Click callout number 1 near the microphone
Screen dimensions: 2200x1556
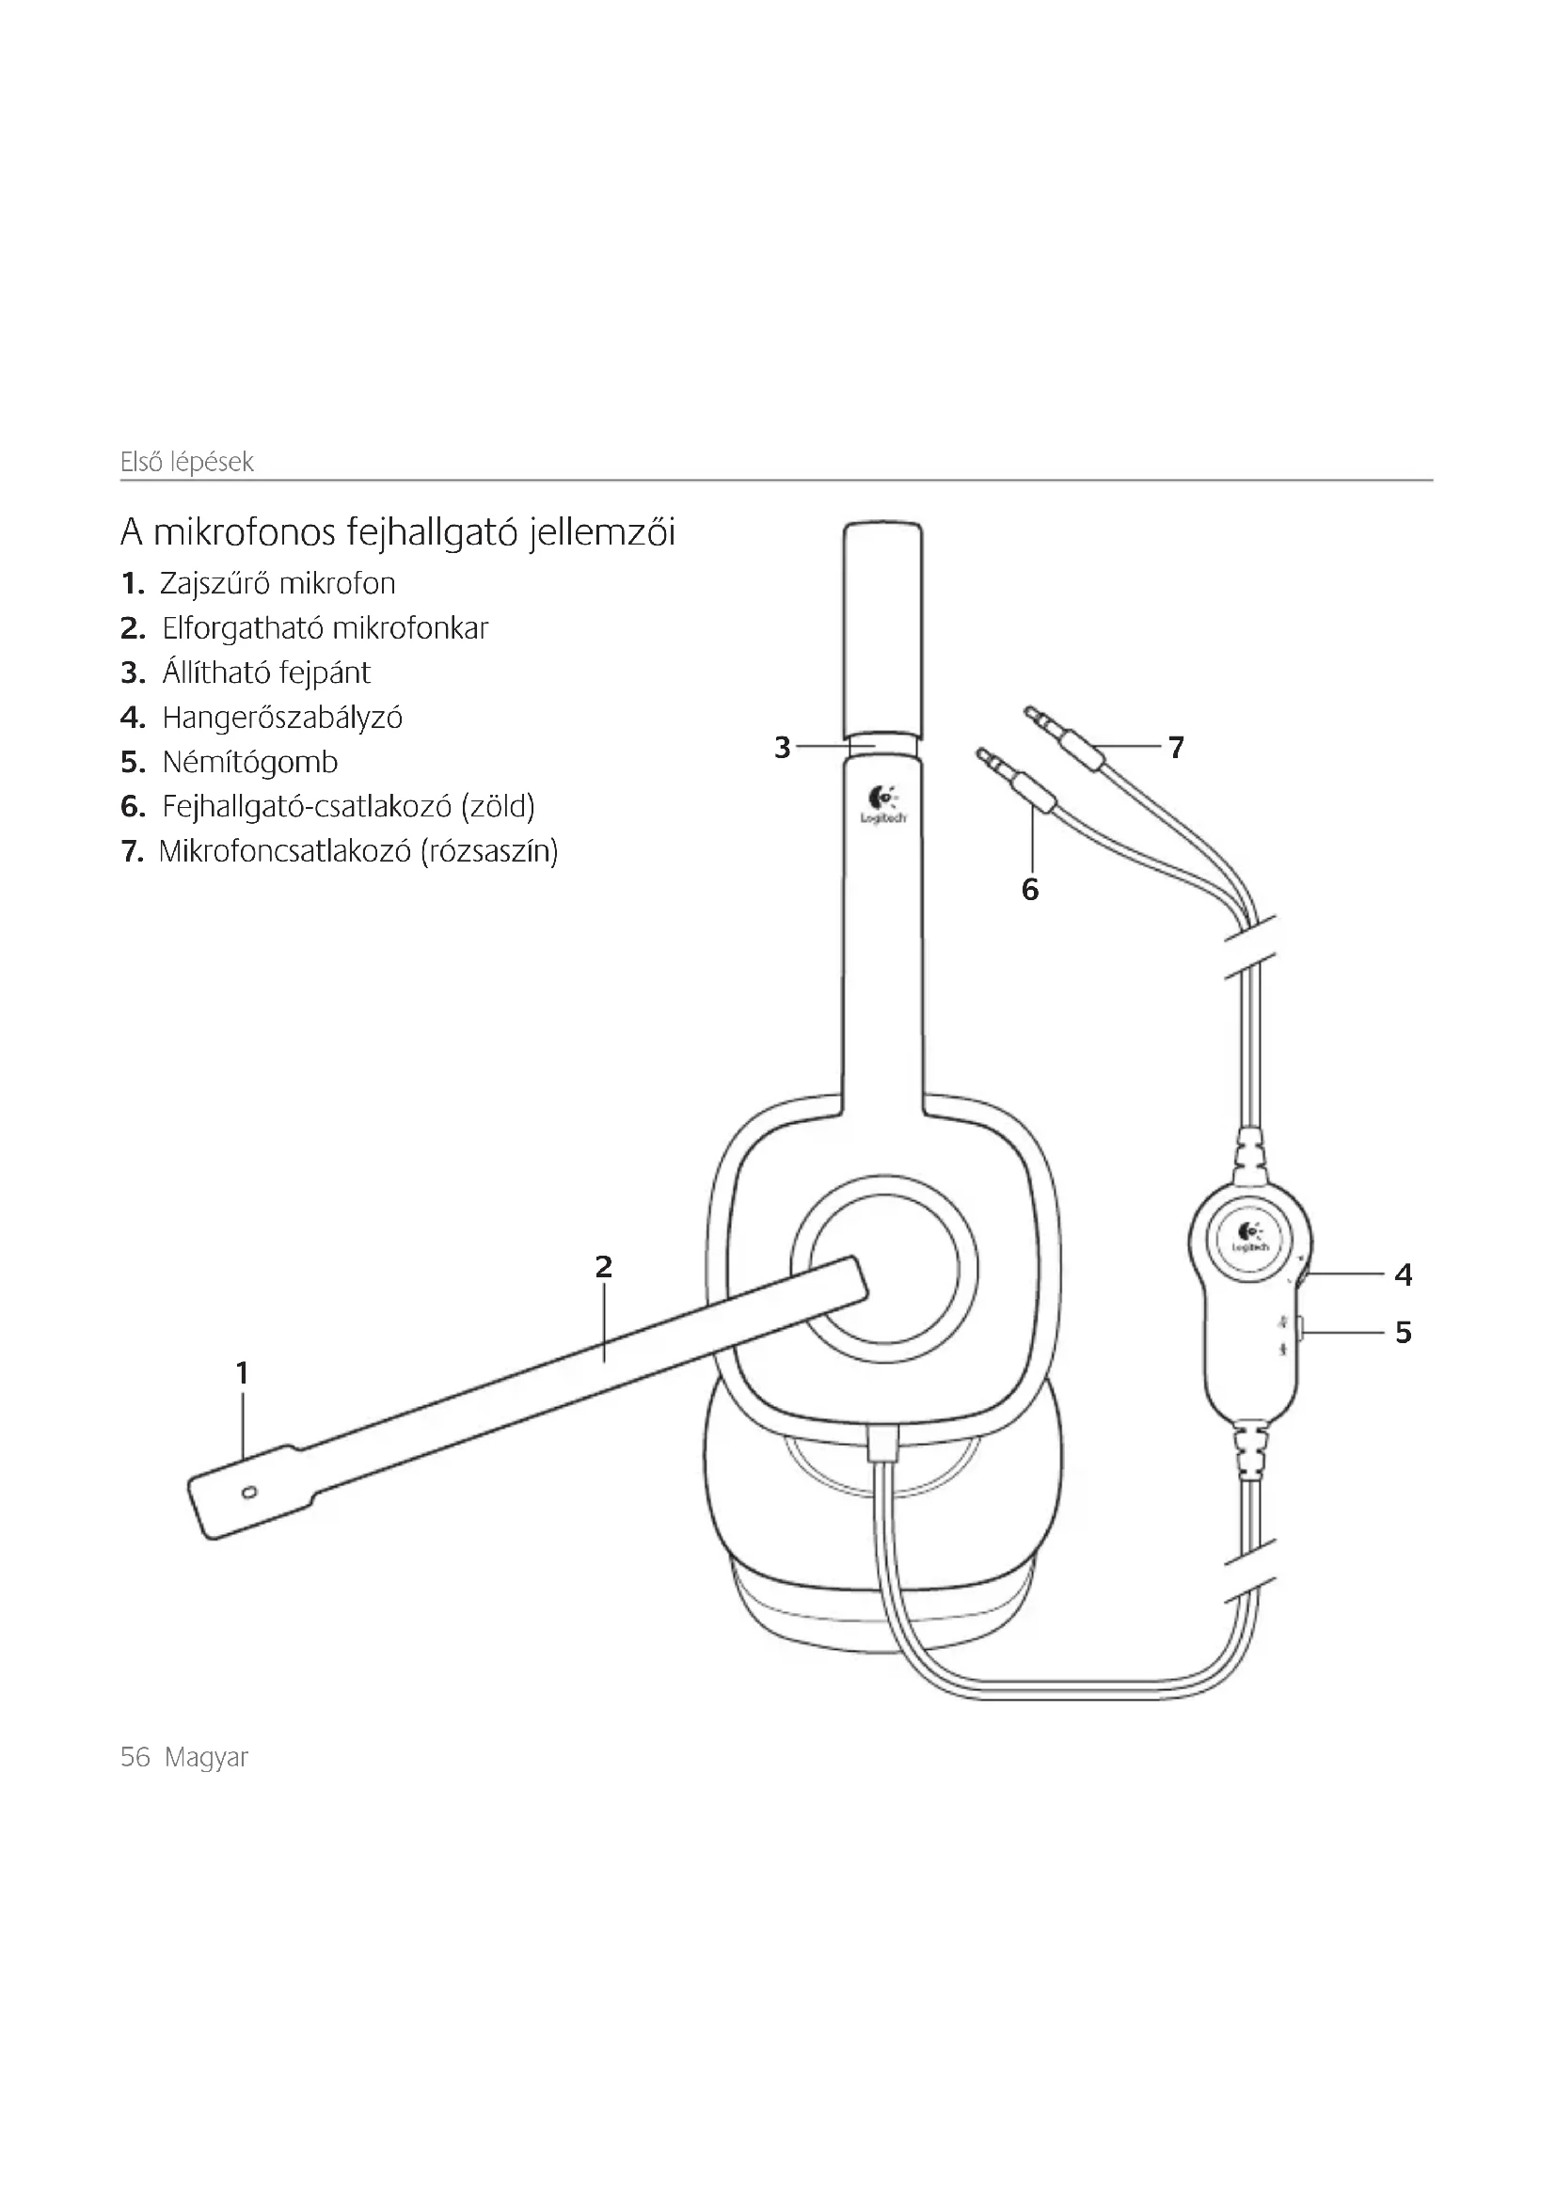[x=243, y=1373]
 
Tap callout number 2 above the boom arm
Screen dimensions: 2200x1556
[x=603, y=1267]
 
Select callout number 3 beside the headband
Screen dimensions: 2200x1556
[x=783, y=747]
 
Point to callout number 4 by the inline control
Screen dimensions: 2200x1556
[x=1404, y=1274]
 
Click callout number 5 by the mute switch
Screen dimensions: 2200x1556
[x=1404, y=1332]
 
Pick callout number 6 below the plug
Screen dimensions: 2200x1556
[x=1030, y=890]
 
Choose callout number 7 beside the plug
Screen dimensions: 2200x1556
[x=1177, y=747]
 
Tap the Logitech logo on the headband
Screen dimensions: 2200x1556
[x=882, y=804]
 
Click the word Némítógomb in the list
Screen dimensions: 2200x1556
[x=250, y=763]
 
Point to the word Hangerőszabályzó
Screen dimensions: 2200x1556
[x=282, y=718]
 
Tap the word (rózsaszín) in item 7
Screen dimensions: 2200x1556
[x=488, y=851]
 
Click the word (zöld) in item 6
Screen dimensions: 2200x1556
[x=498, y=807]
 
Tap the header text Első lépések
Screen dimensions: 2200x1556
[x=187, y=462]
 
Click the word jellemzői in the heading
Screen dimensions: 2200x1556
[x=602, y=532]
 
